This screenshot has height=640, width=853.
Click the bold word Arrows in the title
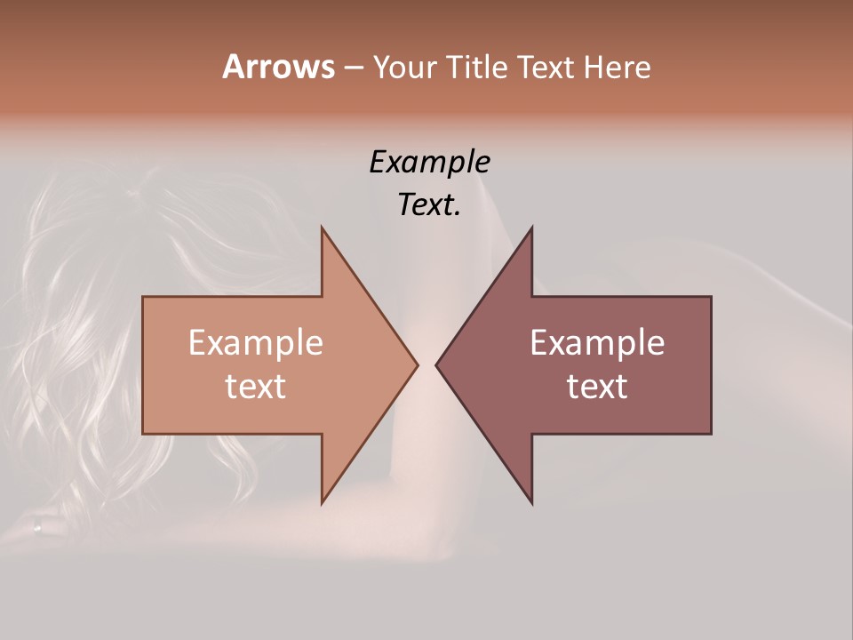click(278, 67)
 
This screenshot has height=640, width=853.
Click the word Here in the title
click(618, 67)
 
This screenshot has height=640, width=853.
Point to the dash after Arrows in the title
click(353, 68)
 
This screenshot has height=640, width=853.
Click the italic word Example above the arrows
click(430, 163)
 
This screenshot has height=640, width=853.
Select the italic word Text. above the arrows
click(430, 205)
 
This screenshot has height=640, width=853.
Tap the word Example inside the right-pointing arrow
click(256, 343)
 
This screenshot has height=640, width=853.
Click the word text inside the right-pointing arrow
click(256, 387)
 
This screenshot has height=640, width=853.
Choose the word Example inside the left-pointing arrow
click(597, 343)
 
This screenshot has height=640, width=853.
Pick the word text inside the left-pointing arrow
click(597, 387)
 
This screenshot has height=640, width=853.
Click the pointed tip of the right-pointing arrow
click(417, 364)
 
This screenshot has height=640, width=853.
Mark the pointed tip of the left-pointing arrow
click(436, 364)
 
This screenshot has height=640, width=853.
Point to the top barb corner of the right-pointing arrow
click(322, 228)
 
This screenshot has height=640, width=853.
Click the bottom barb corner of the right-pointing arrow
click(322, 502)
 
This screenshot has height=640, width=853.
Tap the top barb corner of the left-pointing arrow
click(531, 228)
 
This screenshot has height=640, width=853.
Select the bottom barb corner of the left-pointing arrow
click(531, 502)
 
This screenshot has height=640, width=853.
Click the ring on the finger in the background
click(36, 526)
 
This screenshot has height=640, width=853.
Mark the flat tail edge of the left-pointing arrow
click(711, 364)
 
